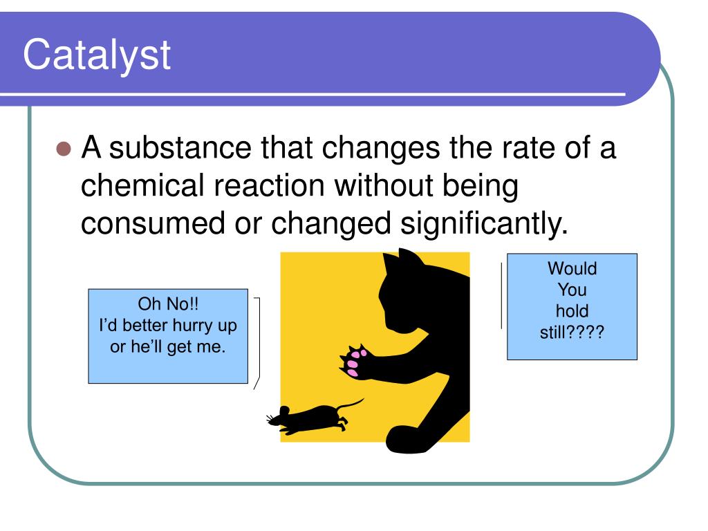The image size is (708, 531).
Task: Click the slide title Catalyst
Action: (x=97, y=55)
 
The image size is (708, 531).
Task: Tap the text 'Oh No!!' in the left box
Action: (x=168, y=304)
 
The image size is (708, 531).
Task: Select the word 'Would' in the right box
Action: (x=572, y=268)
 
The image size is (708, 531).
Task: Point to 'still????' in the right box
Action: (x=572, y=333)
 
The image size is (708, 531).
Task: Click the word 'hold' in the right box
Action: (x=572, y=311)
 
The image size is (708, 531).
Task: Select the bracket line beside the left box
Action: (x=259, y=342)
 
